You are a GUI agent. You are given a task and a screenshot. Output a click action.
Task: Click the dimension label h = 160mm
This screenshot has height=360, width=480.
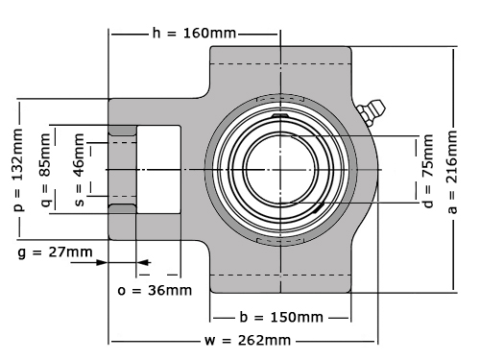(194, 33)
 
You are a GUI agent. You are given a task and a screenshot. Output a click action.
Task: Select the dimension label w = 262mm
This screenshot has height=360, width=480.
(248, 340)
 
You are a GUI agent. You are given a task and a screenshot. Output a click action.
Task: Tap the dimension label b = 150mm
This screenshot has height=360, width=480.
(281, 318)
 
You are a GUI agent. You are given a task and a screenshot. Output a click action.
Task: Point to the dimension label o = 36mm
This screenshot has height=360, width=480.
(155, 291)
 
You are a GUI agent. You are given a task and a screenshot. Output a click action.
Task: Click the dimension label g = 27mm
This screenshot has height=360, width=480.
(55, 252)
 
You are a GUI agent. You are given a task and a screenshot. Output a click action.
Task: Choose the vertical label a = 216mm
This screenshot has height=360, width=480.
(452, 172)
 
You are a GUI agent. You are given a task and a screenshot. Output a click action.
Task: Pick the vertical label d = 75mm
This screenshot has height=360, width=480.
(427, 171)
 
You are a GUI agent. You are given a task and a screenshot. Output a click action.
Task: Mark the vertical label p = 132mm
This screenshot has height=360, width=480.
(17, 170)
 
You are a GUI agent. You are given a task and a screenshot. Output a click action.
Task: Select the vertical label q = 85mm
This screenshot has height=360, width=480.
(46, 170)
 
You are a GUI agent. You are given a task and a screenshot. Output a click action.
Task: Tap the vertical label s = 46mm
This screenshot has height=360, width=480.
(79, 170)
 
